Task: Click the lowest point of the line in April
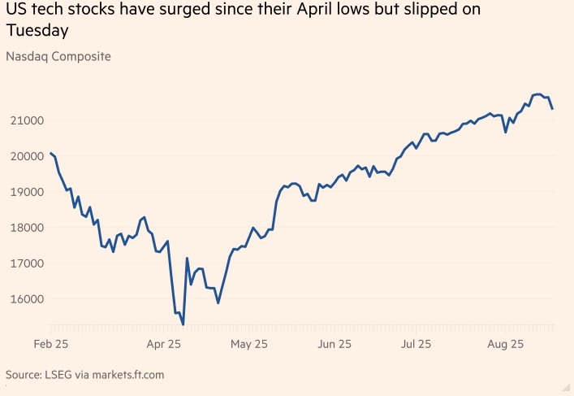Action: [183, 324]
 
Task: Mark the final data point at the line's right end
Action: [553, 109]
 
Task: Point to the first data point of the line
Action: [50, 153]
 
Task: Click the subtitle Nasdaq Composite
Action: [58, 57]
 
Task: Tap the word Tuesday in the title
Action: [37, 31]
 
